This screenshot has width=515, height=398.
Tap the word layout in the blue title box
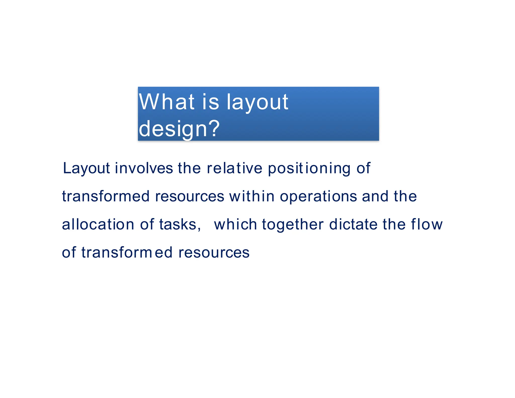coord(257,102)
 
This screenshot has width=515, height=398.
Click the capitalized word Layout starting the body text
coord(86,168)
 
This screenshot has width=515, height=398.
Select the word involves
coord(144,168)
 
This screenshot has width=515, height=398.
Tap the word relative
coord(234,168)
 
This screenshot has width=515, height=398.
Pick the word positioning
coord(309,168)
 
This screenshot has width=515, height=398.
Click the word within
coord(252,196)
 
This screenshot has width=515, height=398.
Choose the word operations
coord(318,196)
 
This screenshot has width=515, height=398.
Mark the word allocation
coord(98,224)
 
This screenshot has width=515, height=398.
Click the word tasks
coord(178,224)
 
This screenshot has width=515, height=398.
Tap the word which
coord(235,224)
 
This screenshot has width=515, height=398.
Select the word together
coord(293,224)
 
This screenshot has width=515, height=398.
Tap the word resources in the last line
coord(214,253)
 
